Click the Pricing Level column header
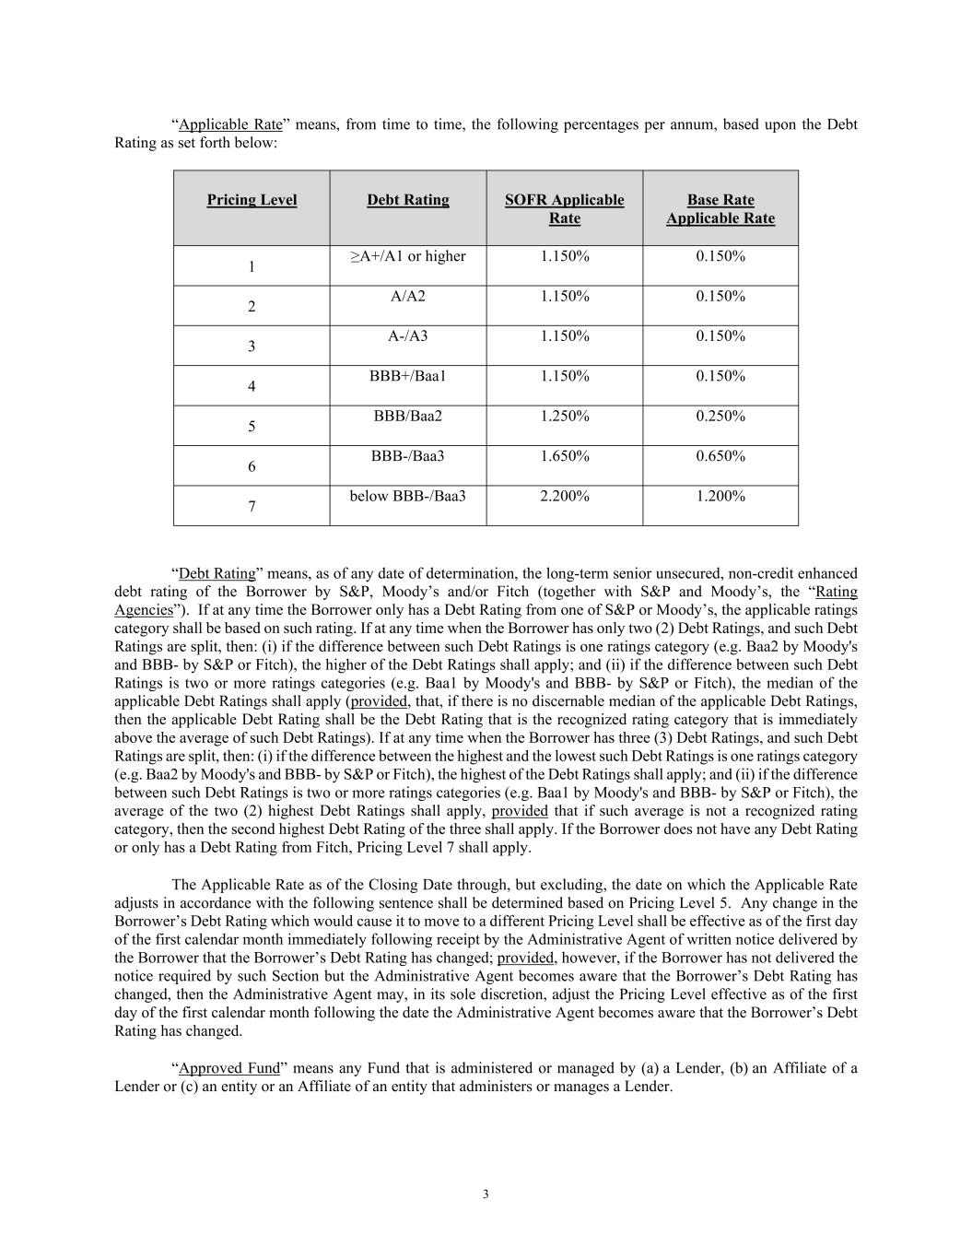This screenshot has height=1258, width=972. point(252,200)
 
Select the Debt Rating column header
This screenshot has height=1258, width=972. point(408,200)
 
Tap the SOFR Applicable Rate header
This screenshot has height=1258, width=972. point(564,209)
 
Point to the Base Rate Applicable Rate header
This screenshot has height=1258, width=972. point(720,209)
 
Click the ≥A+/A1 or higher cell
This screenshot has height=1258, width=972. point(408,256)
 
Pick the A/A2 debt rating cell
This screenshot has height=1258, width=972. point(408,296)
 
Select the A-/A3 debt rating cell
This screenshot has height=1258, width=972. point(408,335)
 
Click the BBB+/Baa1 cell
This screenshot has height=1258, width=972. point(408,376)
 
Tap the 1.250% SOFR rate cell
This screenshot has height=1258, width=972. point(564,416)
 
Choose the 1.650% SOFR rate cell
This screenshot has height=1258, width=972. point(564,455)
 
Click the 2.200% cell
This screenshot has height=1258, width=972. point(564,496)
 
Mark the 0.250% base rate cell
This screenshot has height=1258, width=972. point(720,416)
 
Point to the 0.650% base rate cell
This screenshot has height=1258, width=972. point(720,455)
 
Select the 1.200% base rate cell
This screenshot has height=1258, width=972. point(720,496)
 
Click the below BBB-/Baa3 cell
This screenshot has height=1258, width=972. point(408,496)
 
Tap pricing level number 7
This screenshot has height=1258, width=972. point(252,506)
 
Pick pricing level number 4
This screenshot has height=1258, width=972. point(252,387)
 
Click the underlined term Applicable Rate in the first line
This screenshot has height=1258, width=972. point(230,124)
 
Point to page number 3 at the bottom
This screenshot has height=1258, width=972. point(486,1194)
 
